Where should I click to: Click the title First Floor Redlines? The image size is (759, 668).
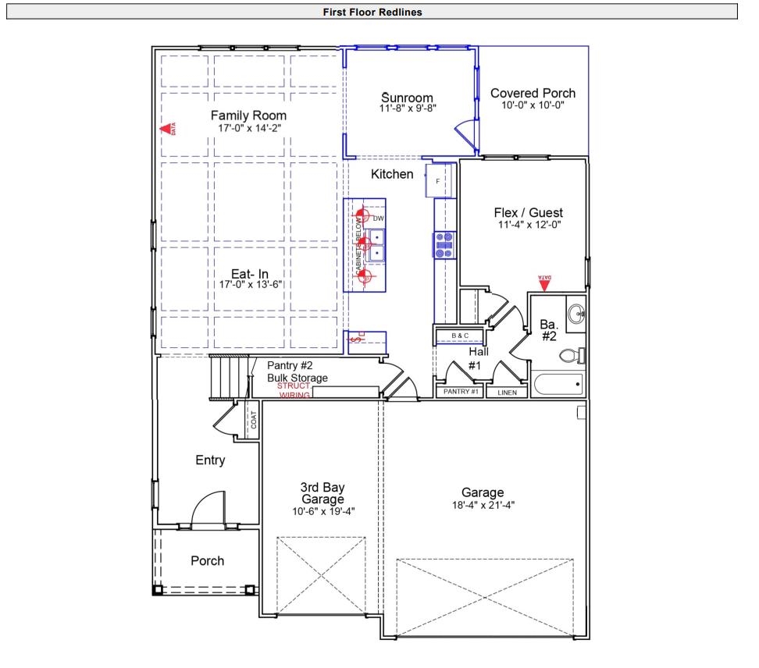coord(372,12)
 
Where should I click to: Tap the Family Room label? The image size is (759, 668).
coord(248,116)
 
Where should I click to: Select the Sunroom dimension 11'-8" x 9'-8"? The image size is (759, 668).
coord(407,108)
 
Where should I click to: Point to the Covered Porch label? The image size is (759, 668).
coord(533,94)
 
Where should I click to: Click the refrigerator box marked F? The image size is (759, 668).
coord(438,181)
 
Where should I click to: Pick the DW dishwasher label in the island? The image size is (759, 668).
coord(379,219)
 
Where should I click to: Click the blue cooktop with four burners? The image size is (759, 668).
coord(444,245)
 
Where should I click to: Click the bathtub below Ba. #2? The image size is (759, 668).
coord(558,384)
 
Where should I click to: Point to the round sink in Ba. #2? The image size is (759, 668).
coord(576,314)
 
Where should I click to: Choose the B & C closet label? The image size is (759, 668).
coord(460,336)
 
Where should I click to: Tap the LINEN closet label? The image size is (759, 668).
coord(506,393)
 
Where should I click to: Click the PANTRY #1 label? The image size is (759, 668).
coord(461,392)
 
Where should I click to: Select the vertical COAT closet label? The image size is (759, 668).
coord(253,420)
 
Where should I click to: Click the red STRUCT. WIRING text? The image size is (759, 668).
coord(294,390)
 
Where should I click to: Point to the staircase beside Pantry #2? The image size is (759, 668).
coord(229,376)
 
